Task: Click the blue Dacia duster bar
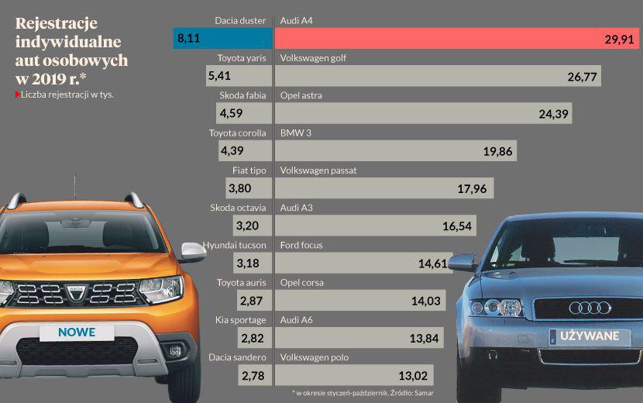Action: [x=223, y=38]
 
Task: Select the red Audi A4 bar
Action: [x=457, y=39]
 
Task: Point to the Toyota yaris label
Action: [x=242, y=57]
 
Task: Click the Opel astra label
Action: [x=301, y=95]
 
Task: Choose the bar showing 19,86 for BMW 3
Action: [x=396, y=151]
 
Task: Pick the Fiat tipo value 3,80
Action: [x=240, y=188]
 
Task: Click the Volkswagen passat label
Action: [x=318, y=170]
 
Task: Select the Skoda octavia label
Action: [x=238, y=208]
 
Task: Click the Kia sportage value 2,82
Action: [x=253, y=339]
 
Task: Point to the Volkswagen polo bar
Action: [x=353, y=376]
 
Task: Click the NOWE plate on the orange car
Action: [x=77, y=332]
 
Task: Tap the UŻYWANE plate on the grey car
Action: [x=590, y=336]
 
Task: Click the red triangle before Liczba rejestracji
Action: [x=18, y=95]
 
